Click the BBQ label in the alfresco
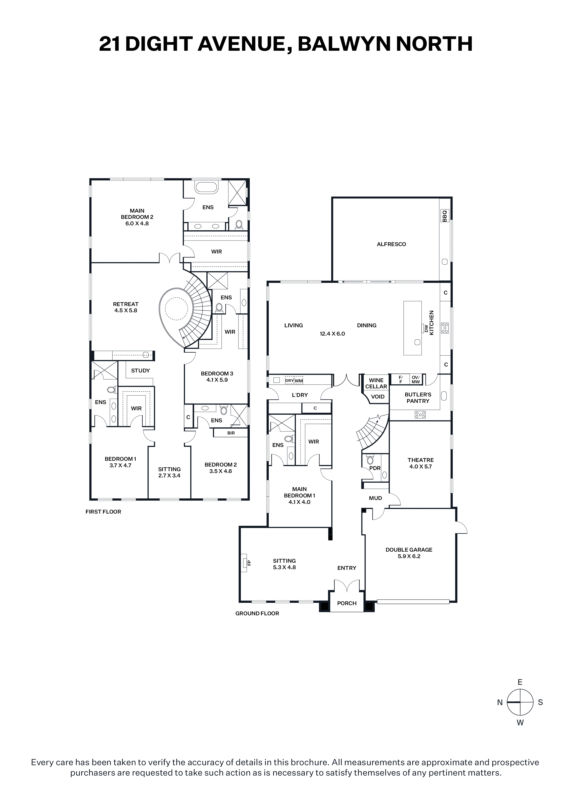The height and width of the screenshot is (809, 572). pos(444,216)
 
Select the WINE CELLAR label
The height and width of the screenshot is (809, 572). pos(376,383)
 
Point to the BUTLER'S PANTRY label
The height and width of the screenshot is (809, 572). pos(418,398)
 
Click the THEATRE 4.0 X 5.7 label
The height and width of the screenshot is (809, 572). pos(420,463)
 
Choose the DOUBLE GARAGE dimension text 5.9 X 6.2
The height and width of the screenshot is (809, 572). pos(409,556)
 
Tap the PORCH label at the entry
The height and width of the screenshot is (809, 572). pos(347,603)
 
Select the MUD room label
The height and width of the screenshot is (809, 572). pos(375,498)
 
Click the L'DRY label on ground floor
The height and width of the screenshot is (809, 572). pos(300,395)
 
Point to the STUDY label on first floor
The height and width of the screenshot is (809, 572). pos(140,370)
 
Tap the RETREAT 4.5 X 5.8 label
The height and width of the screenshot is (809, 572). pos(126,307)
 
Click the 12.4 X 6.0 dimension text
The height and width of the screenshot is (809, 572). pos(332,334)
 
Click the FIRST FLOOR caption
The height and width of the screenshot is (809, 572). pos(103,512)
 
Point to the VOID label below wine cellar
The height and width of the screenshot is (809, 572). pos(378,396)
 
